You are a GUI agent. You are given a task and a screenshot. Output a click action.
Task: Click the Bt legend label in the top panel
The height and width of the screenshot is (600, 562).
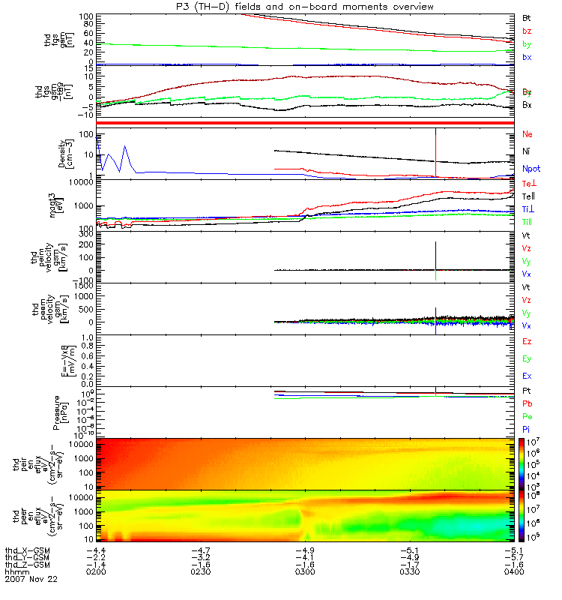click(527, 17)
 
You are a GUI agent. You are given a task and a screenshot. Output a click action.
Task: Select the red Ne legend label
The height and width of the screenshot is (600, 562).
click(527, 133)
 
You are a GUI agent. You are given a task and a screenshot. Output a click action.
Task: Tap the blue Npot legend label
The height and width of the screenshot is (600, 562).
click(531, 169)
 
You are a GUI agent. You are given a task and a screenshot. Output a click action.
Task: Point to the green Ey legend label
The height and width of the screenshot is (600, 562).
click(527, 358)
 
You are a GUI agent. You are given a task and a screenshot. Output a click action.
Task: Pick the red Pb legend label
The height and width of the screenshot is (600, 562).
click(527, 404)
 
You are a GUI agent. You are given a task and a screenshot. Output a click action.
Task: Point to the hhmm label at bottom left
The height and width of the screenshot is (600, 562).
click(16, 571)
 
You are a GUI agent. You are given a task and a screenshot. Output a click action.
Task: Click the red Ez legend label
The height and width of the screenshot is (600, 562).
click(527, 341)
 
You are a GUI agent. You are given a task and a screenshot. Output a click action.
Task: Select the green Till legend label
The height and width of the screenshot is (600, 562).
click(528, 222)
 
